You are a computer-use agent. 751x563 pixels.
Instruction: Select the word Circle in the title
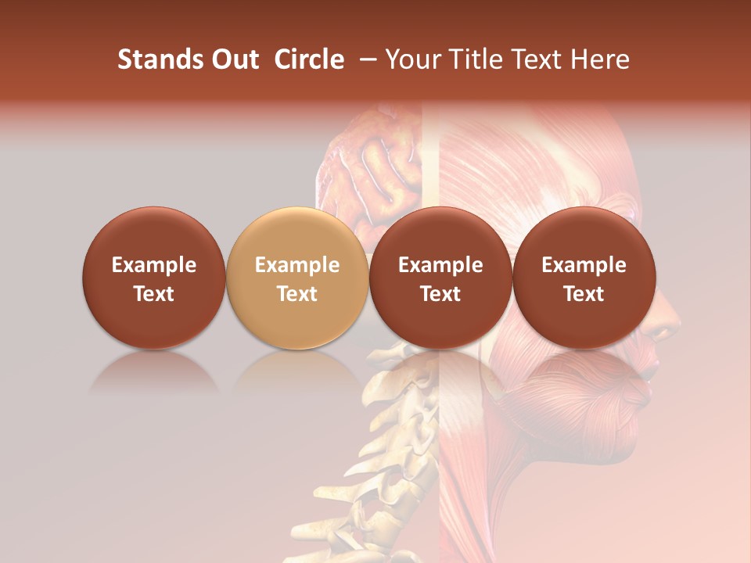(309, 59)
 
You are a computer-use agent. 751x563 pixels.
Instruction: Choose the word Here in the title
(600, 59)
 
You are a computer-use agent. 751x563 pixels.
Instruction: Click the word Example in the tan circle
(297, 265)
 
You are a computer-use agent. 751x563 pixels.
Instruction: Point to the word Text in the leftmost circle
(154, 294)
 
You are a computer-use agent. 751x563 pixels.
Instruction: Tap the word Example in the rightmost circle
(584, 265)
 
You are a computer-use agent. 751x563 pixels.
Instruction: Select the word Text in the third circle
(440, 294)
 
